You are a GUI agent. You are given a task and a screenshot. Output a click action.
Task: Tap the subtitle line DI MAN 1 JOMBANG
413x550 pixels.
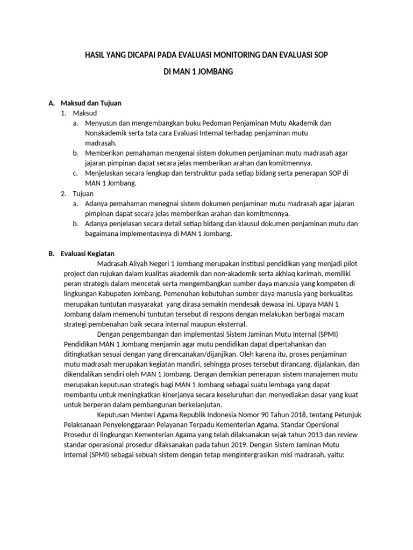tap(198, 71)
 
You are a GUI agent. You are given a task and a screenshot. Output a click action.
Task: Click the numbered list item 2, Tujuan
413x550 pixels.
tap(83, 193)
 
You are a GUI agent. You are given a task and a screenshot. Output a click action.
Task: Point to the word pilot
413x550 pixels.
tap(349, 263)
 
